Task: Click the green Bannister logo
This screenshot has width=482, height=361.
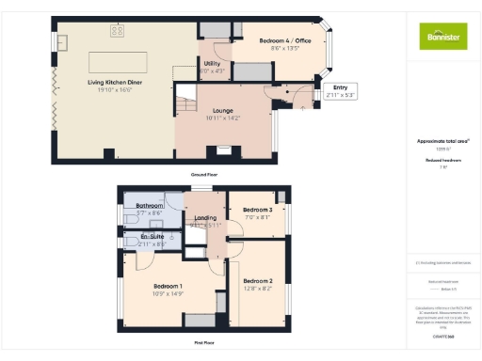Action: click(x=441, y=37)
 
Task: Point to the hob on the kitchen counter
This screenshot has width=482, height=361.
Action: click(x=118, y=31)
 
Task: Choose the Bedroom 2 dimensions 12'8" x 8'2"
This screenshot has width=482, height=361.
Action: click(x=257, y=288)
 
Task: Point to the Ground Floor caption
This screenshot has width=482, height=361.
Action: click(x=204, y=175)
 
